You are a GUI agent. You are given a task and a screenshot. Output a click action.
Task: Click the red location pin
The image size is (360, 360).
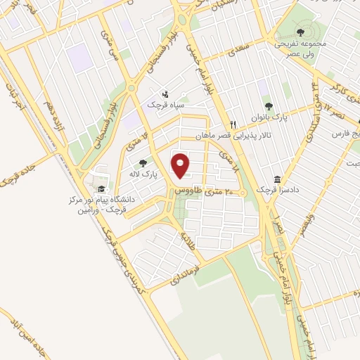tap(181, 166)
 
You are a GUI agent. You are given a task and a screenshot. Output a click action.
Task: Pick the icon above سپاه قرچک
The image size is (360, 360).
tap(165, 94)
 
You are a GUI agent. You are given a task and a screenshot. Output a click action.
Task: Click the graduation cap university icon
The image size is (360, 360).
tap(101, 189)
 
